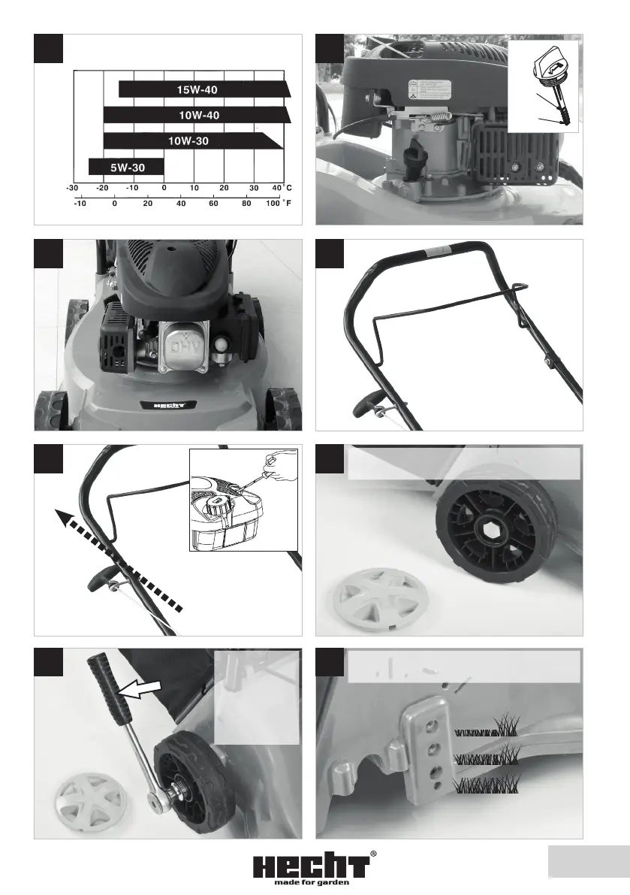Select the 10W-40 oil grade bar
click(x=196, y=115)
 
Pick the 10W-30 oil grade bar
click(x=192, y=141)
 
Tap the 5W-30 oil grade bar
click(x=125, y=166)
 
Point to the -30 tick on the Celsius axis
click(x=72, y=187)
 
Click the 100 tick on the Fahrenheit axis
click(x=272, y=203)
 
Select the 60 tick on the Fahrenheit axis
click(x=213, y=203)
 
